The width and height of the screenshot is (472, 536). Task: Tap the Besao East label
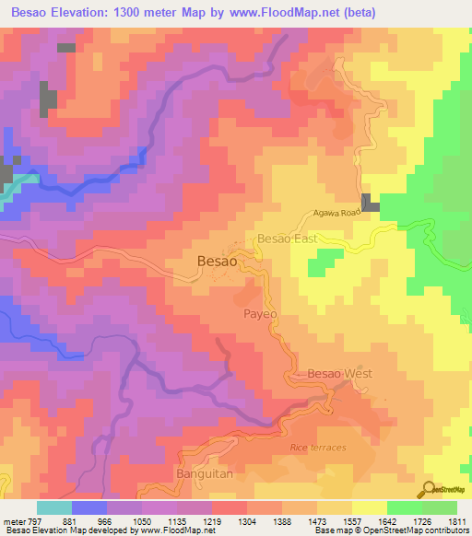(287, 239)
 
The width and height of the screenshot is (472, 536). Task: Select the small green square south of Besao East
(319, 265)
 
